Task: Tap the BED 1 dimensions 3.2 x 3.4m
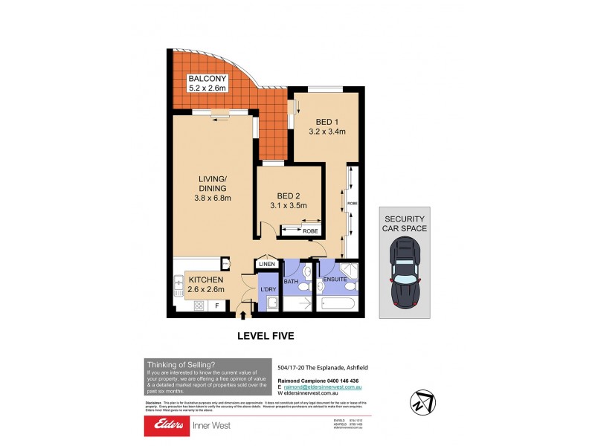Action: [327, 133]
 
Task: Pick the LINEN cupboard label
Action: [267, 264]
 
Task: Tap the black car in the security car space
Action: [405, 276]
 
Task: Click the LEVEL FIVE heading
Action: [266, 336]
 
